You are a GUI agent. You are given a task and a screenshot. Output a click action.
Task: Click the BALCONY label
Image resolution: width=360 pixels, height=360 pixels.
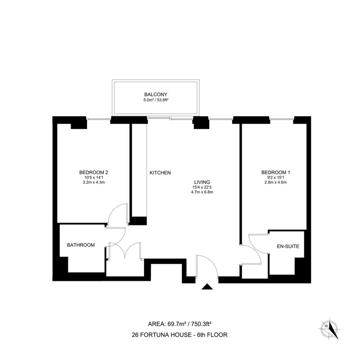[x=156, y=94]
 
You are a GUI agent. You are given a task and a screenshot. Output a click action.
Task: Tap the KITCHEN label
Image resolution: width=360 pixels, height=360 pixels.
[x=160, y=173]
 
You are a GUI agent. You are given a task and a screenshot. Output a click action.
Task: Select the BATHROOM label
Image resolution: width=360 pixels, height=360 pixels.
[x=81, y=245]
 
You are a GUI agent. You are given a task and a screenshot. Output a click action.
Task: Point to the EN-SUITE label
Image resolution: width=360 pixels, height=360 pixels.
[x=288, y=246]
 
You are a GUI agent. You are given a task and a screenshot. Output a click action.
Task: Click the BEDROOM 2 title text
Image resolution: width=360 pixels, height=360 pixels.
[x=94, y=172]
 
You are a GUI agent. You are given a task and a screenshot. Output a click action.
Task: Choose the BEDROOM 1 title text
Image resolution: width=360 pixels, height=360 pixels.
[x=275, y=172]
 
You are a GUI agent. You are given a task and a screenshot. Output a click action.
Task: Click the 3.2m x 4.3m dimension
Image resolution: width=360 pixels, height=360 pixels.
[x=94, y=183]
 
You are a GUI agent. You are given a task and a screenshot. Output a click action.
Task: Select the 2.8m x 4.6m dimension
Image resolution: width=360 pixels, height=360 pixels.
[x=275, y=183]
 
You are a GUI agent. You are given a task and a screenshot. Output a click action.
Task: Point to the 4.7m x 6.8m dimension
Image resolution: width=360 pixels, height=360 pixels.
[x=202, y=192]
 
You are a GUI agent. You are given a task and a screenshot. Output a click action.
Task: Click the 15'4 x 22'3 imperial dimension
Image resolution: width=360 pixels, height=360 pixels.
[x=202, y=187]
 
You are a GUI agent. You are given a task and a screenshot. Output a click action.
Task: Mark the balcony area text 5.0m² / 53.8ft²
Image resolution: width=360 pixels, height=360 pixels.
[x=156, y=100]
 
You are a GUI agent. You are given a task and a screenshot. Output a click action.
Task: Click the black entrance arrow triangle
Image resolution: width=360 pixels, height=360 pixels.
[x=207, y=287]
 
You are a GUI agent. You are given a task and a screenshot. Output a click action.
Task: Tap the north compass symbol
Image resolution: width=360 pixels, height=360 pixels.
[x=329, y=329]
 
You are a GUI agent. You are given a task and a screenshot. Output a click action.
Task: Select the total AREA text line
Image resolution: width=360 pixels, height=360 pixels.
[x=180, y=324]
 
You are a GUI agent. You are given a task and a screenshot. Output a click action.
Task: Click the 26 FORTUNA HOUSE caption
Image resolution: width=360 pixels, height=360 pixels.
[x=180, y=335]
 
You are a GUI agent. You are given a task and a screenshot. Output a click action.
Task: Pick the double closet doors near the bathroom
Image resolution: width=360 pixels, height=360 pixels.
[x=125, y=250]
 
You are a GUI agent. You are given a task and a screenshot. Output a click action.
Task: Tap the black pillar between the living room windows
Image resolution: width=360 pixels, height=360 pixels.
[x=201, y=122]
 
